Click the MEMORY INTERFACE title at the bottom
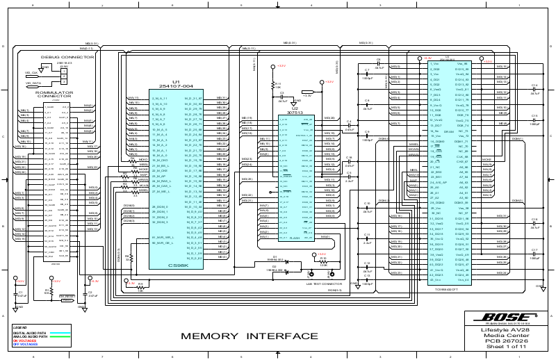point(240,337)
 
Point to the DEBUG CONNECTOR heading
point(67,57)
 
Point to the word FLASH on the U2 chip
point(295,237)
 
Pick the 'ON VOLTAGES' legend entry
point(25,341)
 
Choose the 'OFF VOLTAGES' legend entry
point(25,344)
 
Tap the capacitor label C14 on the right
point(534,85)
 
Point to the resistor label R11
point(277,83)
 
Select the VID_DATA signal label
point(33,83)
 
